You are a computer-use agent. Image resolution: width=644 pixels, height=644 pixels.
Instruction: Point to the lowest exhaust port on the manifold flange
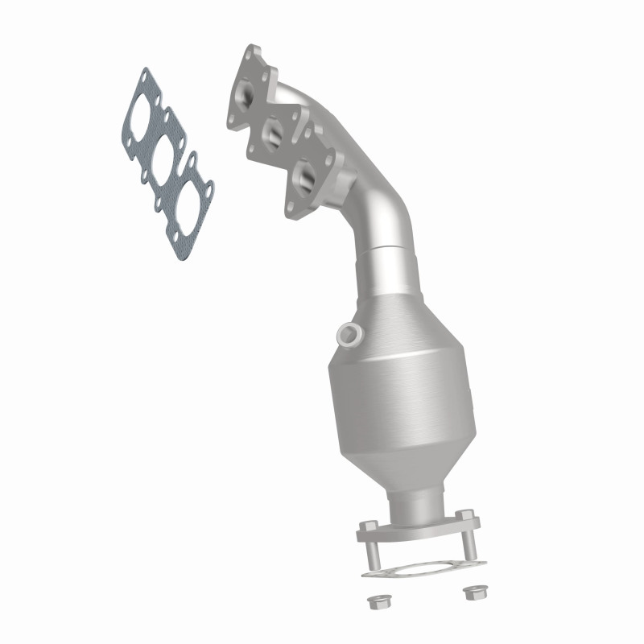tap(304, 174)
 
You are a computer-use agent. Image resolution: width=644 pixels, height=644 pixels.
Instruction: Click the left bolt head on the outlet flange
tap(366, 527)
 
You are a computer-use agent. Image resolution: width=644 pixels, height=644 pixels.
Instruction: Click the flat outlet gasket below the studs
tap(419, 567)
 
